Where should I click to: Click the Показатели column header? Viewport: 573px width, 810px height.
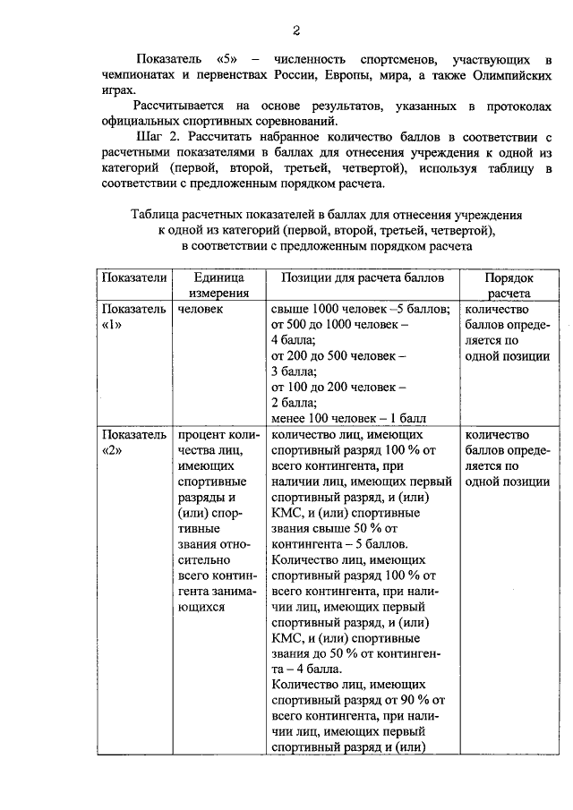[x=133, y=277]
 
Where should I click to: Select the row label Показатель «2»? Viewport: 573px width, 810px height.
[x=133, y=442]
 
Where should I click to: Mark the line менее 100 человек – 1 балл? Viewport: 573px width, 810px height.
[x=348, y=418]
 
